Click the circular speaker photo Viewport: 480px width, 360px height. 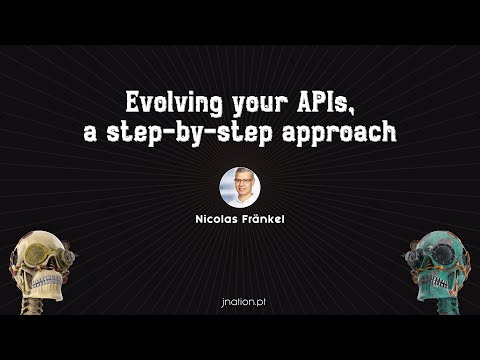pos(240,187)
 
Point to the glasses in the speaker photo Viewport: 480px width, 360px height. pos(240,183)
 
